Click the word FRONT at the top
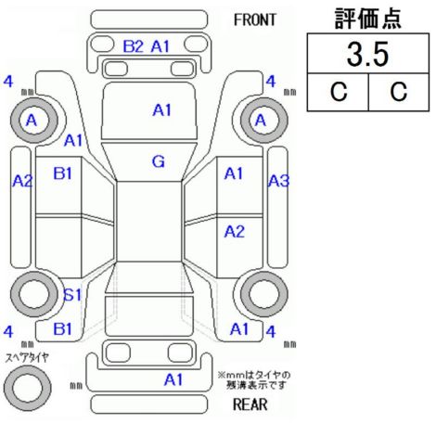pyautogui.click(x=254, y=20)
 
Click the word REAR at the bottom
pyautogui.click(x=250, y=404)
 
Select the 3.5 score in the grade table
pyautogui.click(x=367, y=55)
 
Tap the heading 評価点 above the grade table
pyautogui.click(x=368, y=19)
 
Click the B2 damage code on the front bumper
pyautogui.click(x=134, y=46)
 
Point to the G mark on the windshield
pyautogui.click(x=159, y=161)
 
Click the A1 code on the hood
pyautogui.click(x=162, y=110)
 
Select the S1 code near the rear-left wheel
pyautogui.click(x=72, y=294)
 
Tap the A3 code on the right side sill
pyautogui.click(x=278, y=181)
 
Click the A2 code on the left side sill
pyautogui.click(x=22, y=181)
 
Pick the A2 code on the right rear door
pyautogui.click(x=235, y=231)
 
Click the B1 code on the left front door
pyautogui.click(x=62, y=173)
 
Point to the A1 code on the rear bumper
pyautogui.click(x=173, y=379)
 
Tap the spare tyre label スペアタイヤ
pyautogui.click(x=27, y=358)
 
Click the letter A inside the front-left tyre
pyautogui.click(x=32, y=121)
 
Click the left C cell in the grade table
pyautogui.click(x=339, y=92)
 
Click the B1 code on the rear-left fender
pyautogui.click(x=62, y=328)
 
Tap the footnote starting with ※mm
pyautogui.click(x=254, y=380)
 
